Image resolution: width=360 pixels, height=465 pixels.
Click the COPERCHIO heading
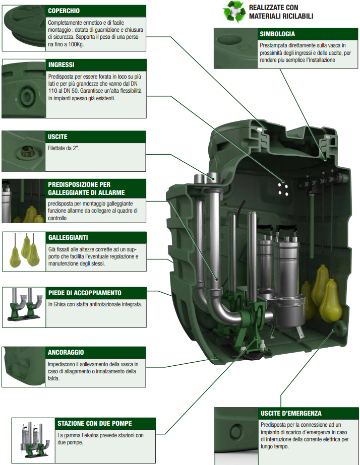point(64,11)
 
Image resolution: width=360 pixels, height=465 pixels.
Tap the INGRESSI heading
point(61,64)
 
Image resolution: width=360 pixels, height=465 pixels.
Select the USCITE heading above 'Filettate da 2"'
point(57,137)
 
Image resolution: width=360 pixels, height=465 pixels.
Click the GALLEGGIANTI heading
point(68,238)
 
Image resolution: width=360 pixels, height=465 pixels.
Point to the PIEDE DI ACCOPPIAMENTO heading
point(85,293)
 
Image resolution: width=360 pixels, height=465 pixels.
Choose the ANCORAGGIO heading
point(66,352)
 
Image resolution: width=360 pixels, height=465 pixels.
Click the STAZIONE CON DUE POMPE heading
point(95,424)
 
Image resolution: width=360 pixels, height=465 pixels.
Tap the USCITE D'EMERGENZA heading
point(291,413)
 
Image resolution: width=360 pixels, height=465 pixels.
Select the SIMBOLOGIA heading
point(277,34)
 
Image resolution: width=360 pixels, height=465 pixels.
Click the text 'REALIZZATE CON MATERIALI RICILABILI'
point(281,12)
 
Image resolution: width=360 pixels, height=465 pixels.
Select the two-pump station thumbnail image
point(33,440)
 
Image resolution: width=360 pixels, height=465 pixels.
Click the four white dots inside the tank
point(283,189)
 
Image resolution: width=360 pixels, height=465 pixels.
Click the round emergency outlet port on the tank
point(339,327)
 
